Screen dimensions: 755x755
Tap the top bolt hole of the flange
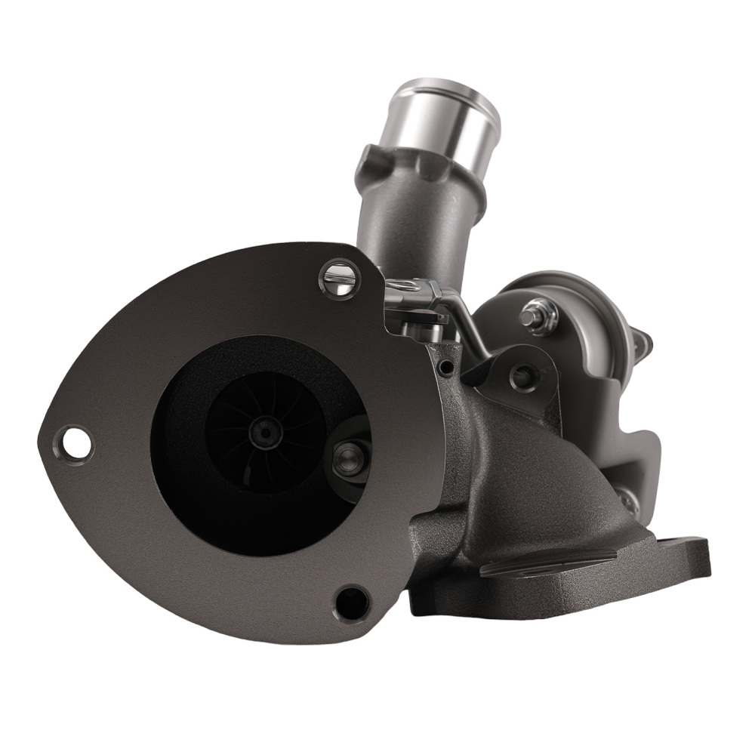click(339, 277)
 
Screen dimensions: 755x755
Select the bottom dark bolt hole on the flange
click(351, 602)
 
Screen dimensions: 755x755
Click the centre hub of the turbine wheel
click(265, 432)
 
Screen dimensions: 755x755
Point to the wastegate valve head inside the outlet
click(350, 458)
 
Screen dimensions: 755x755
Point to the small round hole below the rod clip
click(448, 368)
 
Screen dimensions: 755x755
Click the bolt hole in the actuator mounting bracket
click(522, 375)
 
